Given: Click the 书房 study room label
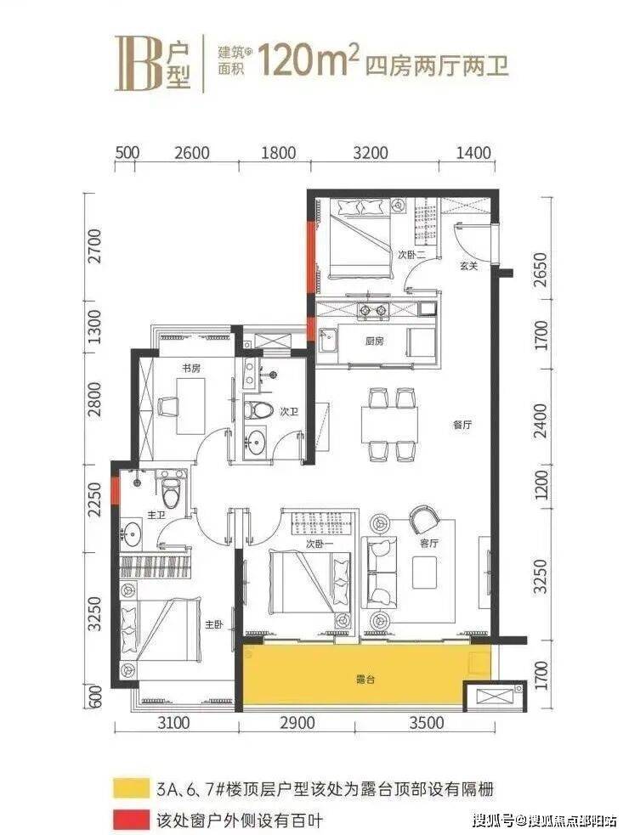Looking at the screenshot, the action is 191,368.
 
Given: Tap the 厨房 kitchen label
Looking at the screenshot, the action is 374,341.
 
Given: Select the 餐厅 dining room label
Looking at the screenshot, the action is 462,425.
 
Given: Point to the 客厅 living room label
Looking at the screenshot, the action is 429,543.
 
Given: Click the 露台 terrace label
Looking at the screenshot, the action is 365,679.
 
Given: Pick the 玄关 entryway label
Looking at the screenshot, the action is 468,266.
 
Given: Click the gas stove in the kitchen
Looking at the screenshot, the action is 372,309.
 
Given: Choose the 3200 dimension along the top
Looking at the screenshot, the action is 371,153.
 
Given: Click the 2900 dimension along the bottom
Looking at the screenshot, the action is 297,723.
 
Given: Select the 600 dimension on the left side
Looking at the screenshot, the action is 95,696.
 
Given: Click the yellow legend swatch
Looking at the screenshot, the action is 131,788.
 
